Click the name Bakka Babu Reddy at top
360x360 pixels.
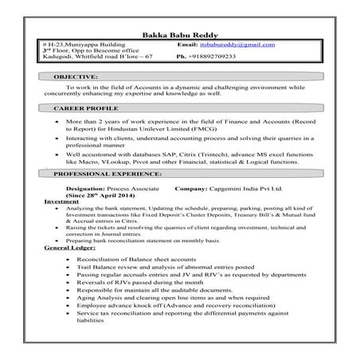(x=180, y=34)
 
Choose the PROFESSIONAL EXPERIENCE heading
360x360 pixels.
(x=108, y=173)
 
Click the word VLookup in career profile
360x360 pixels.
(x=123, y=160)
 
